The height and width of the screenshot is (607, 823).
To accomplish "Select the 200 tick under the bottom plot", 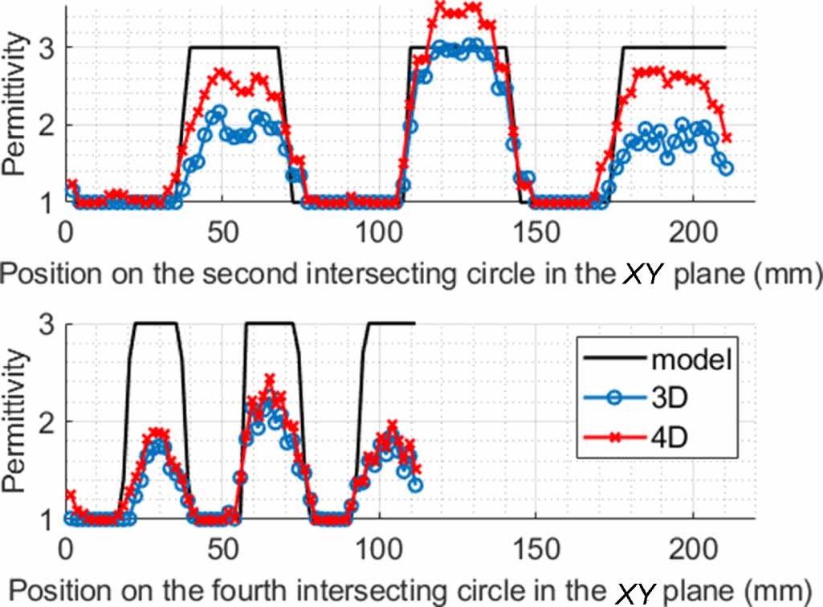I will pyautogui.click(x=692, y=554).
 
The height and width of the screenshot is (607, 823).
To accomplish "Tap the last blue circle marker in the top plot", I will pyautogui.click(x=727, y=169).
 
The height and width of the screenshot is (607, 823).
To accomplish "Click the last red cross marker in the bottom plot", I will pyautogui.click(x=416, y=469).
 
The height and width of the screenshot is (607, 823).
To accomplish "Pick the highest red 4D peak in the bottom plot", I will pyautogui.click(x=270, y=377).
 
